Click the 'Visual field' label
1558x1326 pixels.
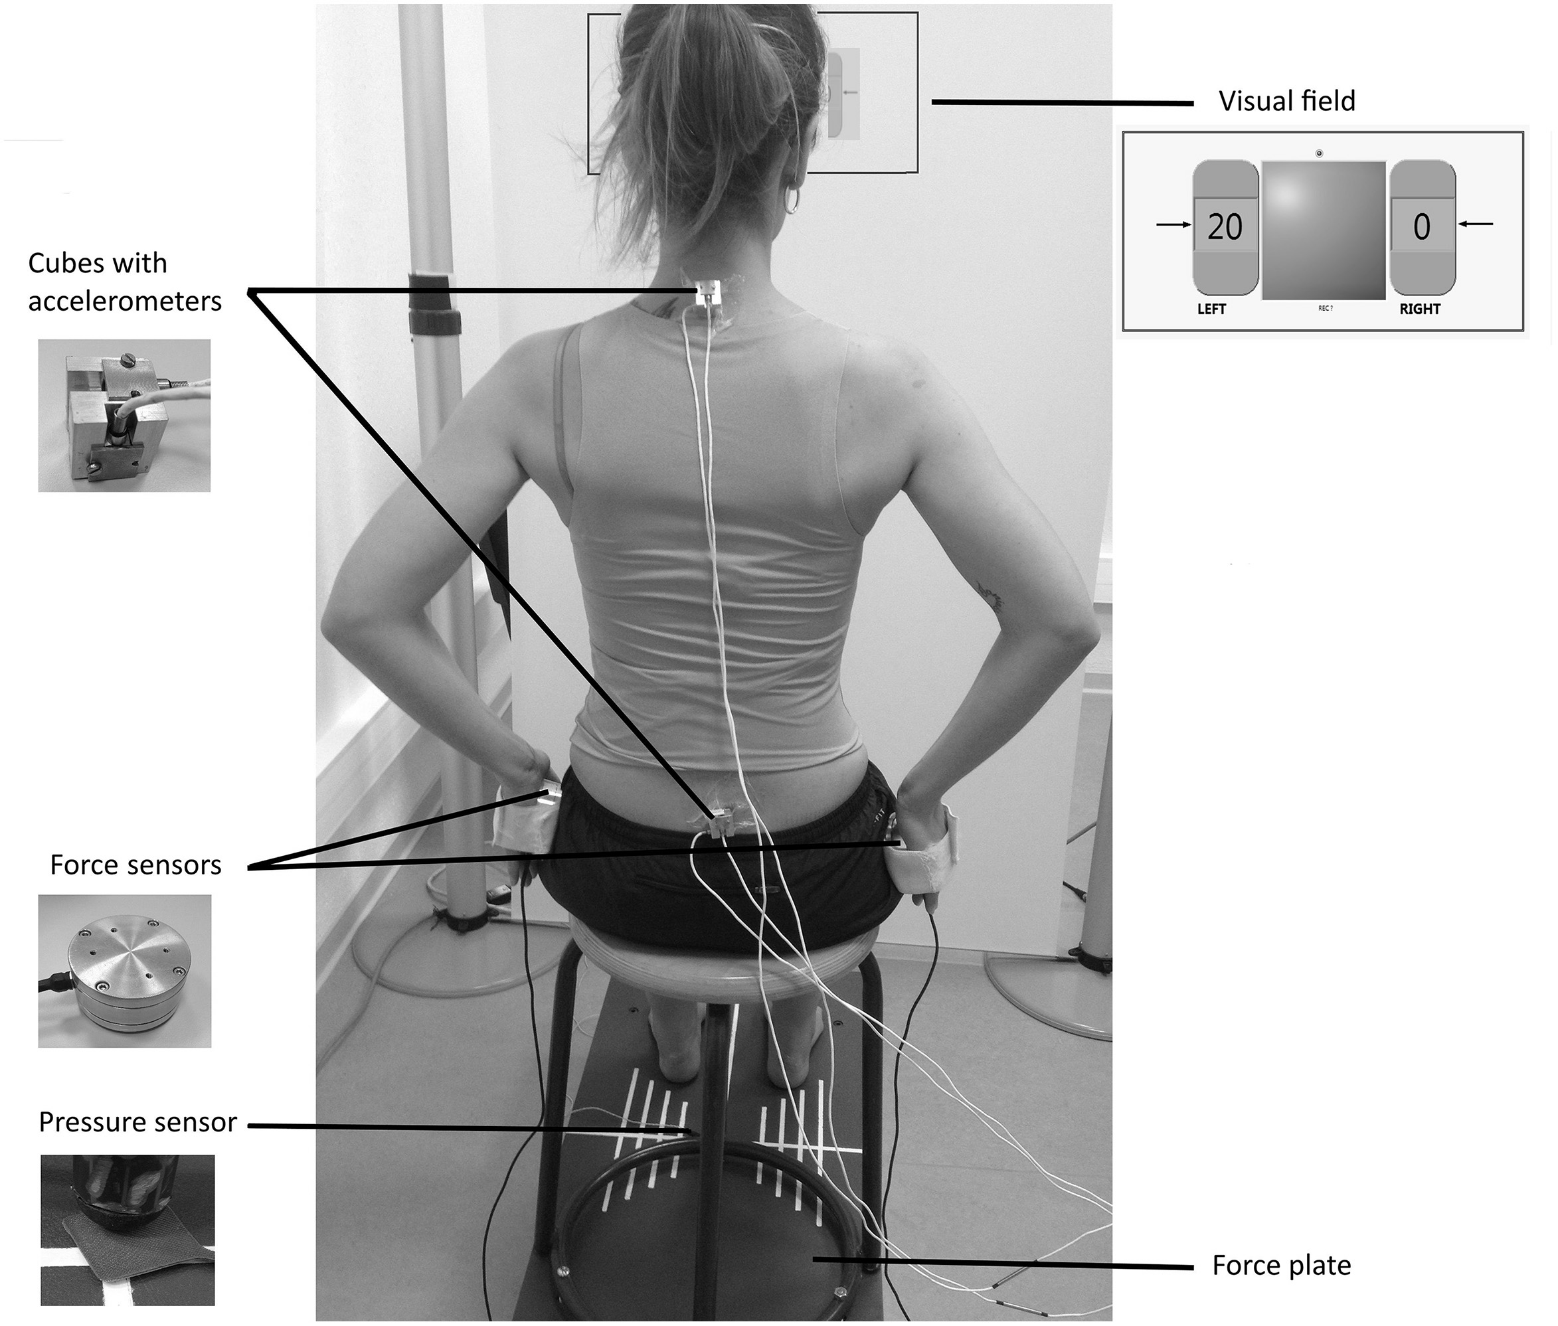point(1286,102)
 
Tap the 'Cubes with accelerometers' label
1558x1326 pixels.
point(125,282)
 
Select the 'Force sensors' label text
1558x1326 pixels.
point(135,865)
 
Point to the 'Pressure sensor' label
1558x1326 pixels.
point(137,1122)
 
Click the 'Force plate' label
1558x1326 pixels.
point(1281,1265)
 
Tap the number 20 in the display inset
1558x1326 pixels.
point(1224,227)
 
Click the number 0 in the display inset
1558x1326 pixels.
point(1421,227)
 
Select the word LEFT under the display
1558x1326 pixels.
point(1211,309)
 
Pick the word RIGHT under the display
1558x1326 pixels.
point(1420,309)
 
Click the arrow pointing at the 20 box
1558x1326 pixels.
point(1173,224)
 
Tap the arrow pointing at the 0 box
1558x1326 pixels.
point(1475,223)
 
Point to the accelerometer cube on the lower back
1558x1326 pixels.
point(721,821)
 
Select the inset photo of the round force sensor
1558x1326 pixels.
point(125,971)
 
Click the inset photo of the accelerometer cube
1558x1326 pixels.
point(124,416)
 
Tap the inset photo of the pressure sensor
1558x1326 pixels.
point(127,1230)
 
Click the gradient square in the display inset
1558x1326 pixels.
point(1324,230)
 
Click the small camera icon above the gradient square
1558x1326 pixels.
point(1319,153)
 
